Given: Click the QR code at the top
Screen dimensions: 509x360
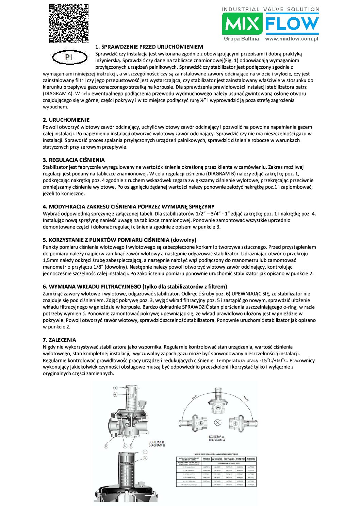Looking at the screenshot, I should click(x=68, y=23).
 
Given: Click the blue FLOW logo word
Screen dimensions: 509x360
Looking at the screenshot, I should click(x=292, y=24).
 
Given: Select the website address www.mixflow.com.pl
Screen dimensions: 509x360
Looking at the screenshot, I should click(x=291, y=39).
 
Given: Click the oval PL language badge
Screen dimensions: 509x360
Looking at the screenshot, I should click(x=69, y=57).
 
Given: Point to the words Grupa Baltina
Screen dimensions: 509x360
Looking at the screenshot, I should click(x=241, y=39).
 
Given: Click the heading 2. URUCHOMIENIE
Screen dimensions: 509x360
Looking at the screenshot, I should click(x=66, y=120).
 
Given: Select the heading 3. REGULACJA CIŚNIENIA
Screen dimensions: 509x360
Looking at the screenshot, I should click(x=73, y=160).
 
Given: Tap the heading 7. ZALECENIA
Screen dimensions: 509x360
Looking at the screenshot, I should click(x=60, y=340).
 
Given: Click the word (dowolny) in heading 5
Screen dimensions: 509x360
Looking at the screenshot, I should click(x=183, y=240).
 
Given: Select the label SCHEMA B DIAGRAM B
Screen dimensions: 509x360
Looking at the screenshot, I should click(x=157, y=444).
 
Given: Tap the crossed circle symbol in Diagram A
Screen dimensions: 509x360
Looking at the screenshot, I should click(x=217, y=423).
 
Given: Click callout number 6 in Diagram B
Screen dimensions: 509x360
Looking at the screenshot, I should click(x=106, y=446).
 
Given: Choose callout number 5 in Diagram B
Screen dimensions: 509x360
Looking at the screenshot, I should click(x=125, y=446).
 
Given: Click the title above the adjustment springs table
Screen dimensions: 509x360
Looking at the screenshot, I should click(x=216, y=454).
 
